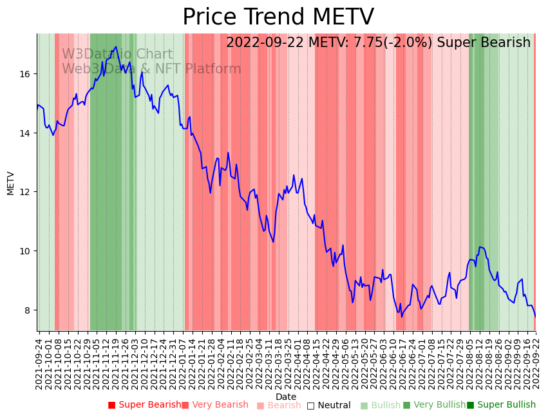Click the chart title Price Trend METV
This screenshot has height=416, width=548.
point(278,17)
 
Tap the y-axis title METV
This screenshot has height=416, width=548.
point(10,183)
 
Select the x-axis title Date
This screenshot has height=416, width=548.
point(286,397)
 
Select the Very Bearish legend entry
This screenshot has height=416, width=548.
point(214,405)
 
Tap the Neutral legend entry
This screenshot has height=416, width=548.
point(328,405)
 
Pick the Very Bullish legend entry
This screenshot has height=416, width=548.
point(434,405)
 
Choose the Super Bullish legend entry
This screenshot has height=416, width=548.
point(501,405)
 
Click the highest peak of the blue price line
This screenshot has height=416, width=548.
point(116,47)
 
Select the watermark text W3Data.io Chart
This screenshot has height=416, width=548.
point(117,55)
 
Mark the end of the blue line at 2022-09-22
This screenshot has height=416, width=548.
point(534,316)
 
